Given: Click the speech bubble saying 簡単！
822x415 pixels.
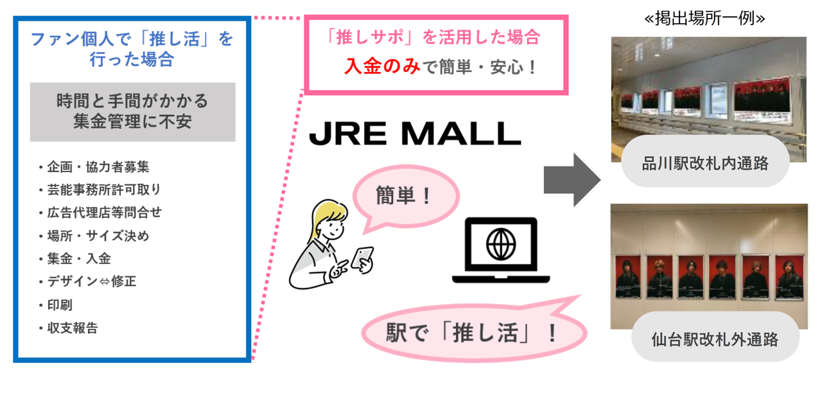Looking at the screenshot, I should click(405, 195).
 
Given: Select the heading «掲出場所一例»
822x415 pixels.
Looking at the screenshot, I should click(704, 19).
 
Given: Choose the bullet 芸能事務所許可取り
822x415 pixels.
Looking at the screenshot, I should click(103, 190).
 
